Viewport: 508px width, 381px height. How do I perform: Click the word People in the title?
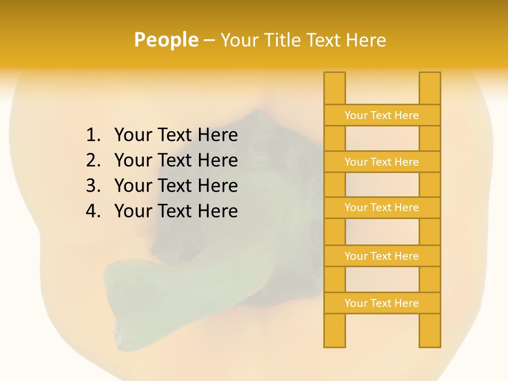click(x=166, y=40)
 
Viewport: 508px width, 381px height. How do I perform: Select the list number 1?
click(x=93, y=135)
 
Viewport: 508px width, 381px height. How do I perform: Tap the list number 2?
click(x=93, y=160)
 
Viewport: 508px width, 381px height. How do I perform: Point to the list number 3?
click(x=93, y=186)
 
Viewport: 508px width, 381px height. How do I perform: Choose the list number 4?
click(x=93, y=211)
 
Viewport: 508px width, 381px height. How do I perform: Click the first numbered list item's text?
click(x=176, y=135)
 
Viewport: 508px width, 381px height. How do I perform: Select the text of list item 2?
click(x=176, y=160)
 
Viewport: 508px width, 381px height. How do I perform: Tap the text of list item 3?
click(x=176, y=186)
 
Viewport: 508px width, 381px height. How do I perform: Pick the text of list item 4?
click(x=176, y=211)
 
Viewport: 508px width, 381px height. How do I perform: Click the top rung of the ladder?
click(x=382, y=115)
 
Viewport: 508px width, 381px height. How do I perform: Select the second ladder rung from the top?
click(x=382, y=162)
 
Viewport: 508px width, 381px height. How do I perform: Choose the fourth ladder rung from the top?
click(x=382, y=256)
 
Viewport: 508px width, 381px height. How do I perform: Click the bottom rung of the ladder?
click(x=382, y=303)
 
